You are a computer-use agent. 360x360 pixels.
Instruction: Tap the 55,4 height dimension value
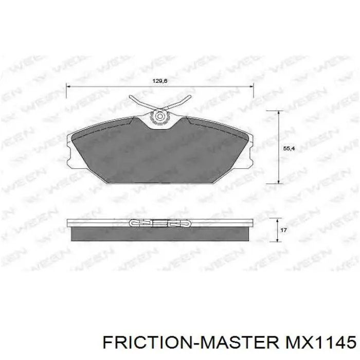(x=289, y=148)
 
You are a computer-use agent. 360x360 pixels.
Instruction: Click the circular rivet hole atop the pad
(x=160, y=117)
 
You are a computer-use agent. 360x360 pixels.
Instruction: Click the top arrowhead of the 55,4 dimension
(x=278, y=113)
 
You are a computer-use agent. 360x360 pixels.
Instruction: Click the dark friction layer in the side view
(x=160, y=234)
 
